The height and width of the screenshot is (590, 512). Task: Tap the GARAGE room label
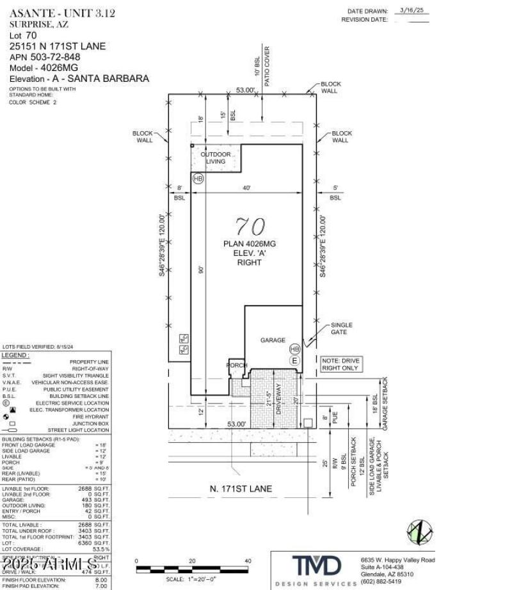pyautogui.click(x=272, y=340)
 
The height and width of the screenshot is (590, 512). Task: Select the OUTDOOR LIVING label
pyautogui.click(x=215, y=158)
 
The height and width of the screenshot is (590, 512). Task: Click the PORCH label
pyautogui.click(x=236, y=365)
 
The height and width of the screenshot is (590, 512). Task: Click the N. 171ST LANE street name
pyautogui.click(x=241, y=489)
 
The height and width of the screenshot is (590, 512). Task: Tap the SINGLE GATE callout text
pyautogui.click(x=341, y=329)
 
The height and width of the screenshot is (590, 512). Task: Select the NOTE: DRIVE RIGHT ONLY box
pyautogui.click(x=340, y=365)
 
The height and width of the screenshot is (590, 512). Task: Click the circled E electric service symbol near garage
pyautogui.click(x=294, y=361)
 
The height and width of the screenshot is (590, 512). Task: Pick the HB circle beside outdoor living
pyautogui.click(x=198, y=179)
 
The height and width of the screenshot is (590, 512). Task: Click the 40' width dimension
pyautogui.click(x=246, y=187)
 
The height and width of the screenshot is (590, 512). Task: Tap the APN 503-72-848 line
pyautogui.click(x=45, y=57)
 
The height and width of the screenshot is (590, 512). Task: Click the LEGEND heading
pyautogui.click(x=15, y=355)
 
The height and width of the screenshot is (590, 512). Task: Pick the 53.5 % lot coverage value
pyautogui.click(x=100, y=549)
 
